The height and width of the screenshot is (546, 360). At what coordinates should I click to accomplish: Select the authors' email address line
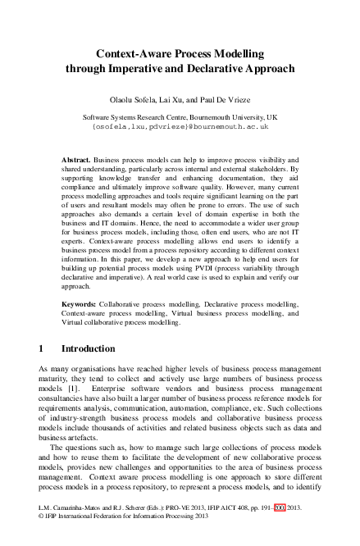pos(180,128)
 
